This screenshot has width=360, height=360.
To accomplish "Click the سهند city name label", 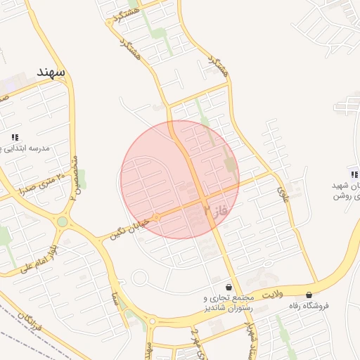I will click(51, 72).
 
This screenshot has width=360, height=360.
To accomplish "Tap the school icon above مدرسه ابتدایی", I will click(15, 137).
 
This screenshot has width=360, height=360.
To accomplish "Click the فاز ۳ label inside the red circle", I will click(215, 210).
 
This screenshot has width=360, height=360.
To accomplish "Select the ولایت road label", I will click(276, 295).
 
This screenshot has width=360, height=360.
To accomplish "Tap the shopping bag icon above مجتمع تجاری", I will click(229, 288).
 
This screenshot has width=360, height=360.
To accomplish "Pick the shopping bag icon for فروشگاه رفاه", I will click(309, 295).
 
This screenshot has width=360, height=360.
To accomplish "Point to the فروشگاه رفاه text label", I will click(309, 306).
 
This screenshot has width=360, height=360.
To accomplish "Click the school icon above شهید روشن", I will click(354, 174).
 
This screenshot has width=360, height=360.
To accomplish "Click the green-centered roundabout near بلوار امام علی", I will click(63, 221).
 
